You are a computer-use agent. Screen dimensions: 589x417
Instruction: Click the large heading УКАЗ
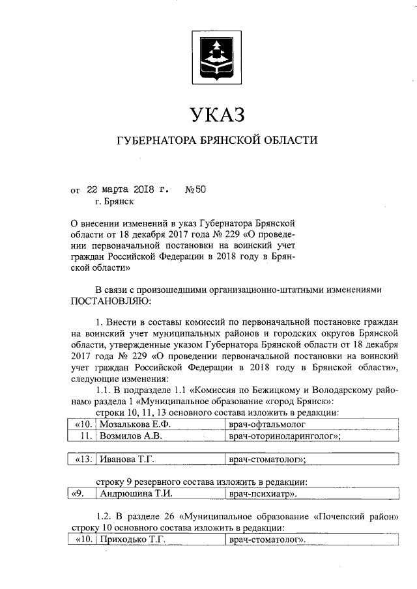click(x=217, y=115)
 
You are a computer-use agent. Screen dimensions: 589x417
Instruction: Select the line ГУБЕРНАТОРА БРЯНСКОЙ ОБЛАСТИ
click(x=217, y=141)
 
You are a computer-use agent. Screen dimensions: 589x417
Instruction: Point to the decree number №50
click(x=195, y=190)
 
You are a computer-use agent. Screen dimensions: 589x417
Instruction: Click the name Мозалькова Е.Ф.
click(x=130, y=424)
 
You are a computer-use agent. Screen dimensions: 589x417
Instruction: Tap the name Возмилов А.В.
click(x=126, y=436)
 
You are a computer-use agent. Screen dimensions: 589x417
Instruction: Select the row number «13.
click(x=82, y=459)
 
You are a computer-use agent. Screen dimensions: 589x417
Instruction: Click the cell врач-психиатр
click(x=261, y=494)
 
